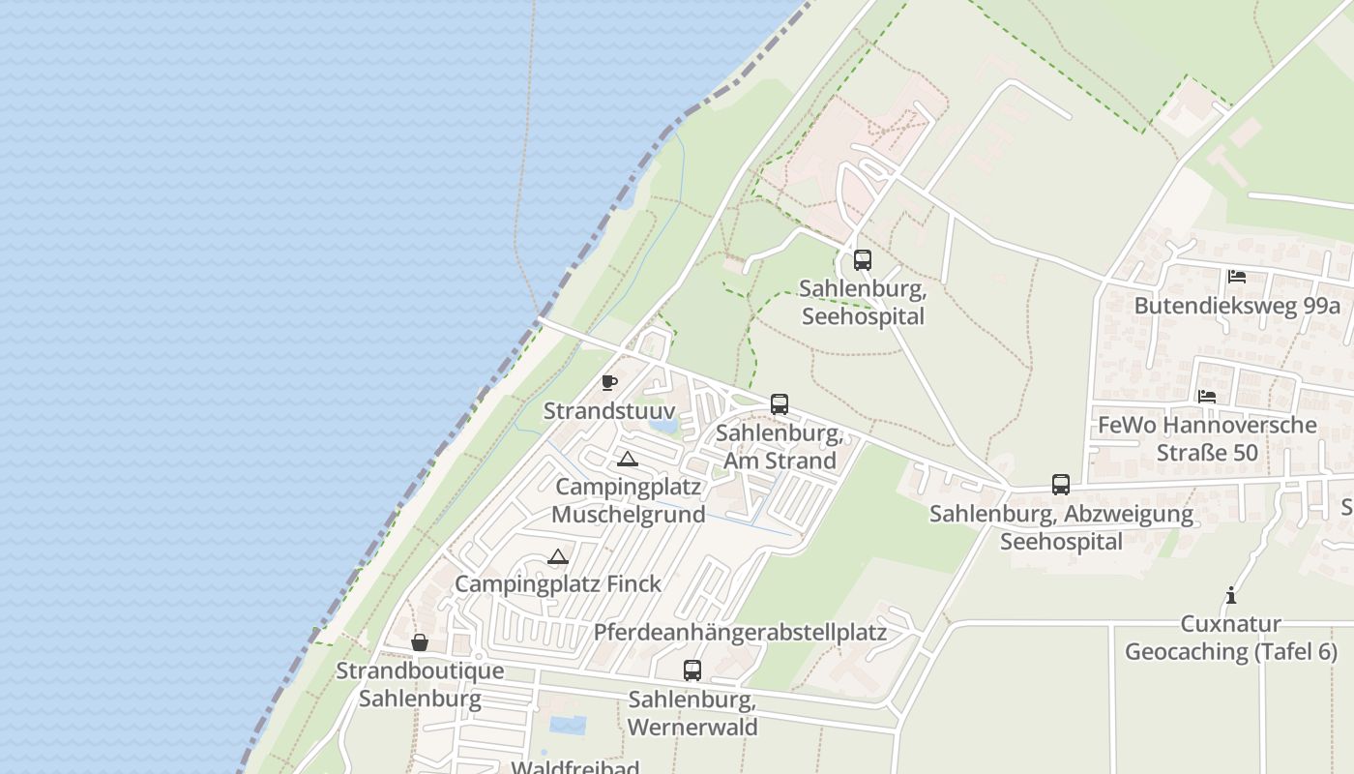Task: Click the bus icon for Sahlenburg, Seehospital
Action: (862, 260)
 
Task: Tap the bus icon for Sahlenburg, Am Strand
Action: (780, 404)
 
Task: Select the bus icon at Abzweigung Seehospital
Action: (1061, 485)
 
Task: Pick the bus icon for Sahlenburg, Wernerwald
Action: (692, 670)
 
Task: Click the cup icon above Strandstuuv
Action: (608, 382)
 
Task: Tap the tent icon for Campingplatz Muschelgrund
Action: (628, 459)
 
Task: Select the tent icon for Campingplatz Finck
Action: (557, 556)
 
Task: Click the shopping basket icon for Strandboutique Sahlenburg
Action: (420, 642)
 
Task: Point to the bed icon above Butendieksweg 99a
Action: (1236, 277)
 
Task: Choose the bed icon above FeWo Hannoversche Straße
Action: (1207, 396)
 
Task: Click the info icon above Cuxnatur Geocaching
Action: (1231, 595)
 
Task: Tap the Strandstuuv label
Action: (609, 410)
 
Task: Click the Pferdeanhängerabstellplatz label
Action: (740, 633)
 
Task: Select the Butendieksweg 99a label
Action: (1237, 306)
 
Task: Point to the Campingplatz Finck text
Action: (558, 583)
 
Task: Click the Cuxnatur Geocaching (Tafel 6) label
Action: (1231, 638)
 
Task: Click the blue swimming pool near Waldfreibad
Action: (568, 724)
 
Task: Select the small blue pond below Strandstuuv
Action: (663, 423)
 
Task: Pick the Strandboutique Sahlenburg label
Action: (420, 684)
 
